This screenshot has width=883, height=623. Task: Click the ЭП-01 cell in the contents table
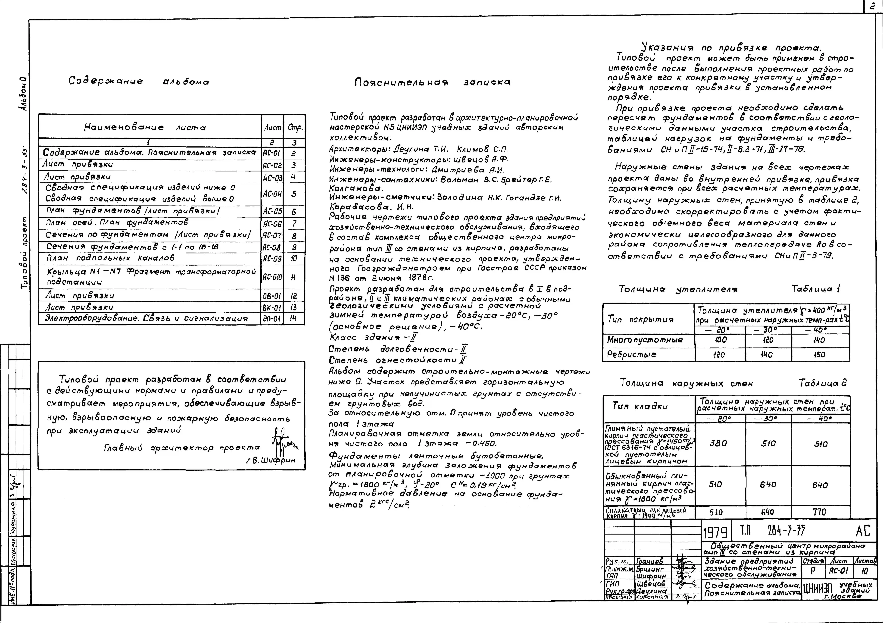[x=272, y=319]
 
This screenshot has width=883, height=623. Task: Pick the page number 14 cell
[x=294, y=319]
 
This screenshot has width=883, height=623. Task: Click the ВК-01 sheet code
[x=272, y=307]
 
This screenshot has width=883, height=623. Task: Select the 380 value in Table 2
[x=718, y=443]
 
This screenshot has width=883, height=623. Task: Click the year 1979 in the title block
[x=715, y=533]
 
